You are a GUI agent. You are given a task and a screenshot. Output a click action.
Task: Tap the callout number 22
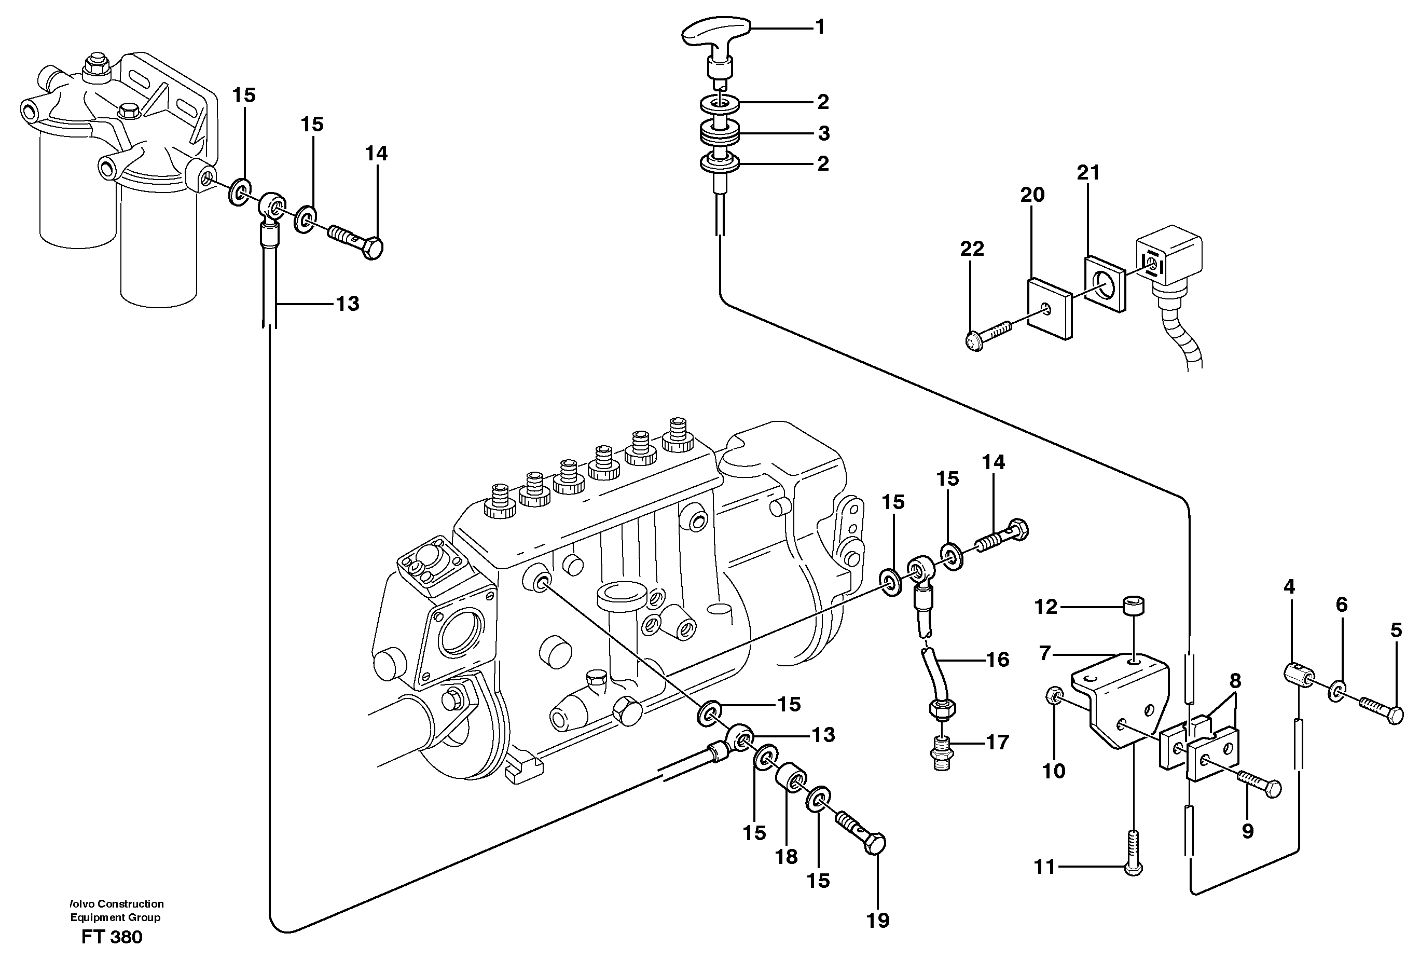[x=972, y=249]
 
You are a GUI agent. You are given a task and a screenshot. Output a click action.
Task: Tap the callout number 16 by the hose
[x=997, y=660]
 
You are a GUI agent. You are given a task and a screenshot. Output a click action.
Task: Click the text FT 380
[x=112, y=937]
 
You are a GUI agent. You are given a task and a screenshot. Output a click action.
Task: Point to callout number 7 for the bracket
[x=1044, y=654]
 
